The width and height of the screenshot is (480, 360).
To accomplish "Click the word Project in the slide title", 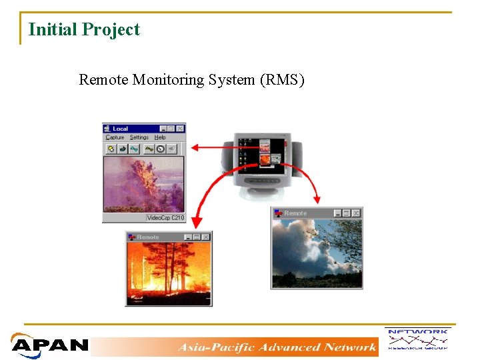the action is click(x=111, y=30).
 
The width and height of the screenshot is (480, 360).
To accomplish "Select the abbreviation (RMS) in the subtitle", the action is click(x=282, y=80).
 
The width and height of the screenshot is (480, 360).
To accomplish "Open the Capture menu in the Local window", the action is click(x=115, y=137).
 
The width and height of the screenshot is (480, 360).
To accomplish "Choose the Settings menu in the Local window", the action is click(x=139, y=137).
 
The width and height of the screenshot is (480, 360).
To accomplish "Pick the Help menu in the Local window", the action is click(x=160, y=137).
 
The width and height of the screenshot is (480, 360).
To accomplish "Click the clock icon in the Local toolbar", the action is click(x=161, y=149).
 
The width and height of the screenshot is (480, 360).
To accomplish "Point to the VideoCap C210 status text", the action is click(x=165, y=218).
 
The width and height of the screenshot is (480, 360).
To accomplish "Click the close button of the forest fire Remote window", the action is click(x=205, y=237).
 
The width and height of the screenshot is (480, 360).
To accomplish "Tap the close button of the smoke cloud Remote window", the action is click(x=356, y=213).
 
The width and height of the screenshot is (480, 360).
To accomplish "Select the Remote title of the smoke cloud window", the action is click(x=295, y=213).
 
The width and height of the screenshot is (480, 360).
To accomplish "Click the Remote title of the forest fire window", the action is click(x=148, y=237).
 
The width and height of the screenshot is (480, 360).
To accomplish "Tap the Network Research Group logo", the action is click(x=417, y=339).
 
